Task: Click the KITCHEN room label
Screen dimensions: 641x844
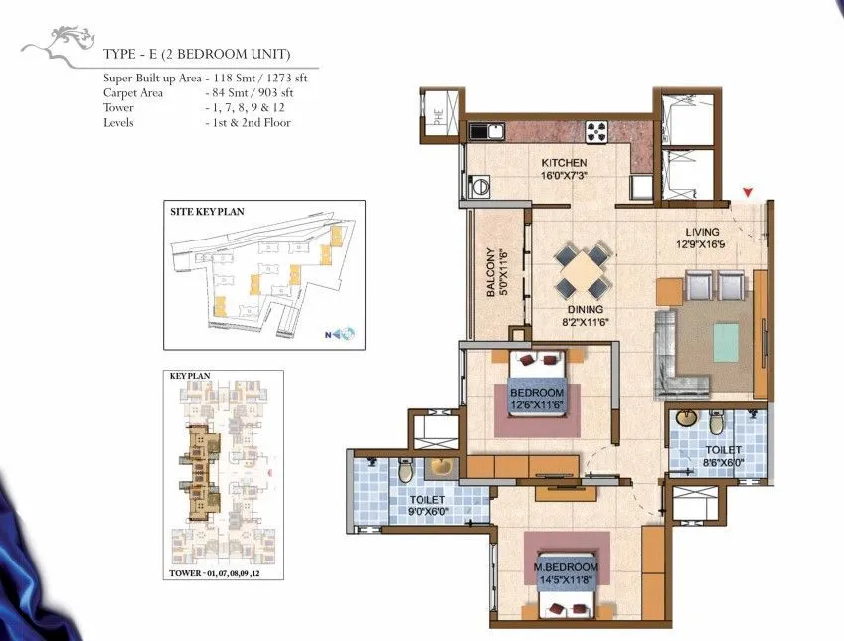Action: click(564, 163)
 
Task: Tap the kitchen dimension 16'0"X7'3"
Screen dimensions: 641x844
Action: click(564, 176)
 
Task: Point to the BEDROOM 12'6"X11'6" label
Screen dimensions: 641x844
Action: click(537, 399)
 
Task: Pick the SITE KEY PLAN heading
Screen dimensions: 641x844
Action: click(205, 212)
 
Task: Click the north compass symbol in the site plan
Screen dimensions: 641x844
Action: click(343, 334)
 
